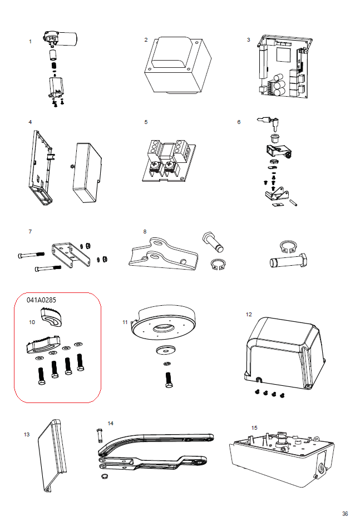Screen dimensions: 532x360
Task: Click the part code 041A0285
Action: (x=42, y=300)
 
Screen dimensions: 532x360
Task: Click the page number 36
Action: (x=345, y=514)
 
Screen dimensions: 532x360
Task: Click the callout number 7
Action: (x=31, y=231)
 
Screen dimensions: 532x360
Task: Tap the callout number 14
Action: (x=110, y=424)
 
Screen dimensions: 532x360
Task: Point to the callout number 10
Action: (x=32, y=322)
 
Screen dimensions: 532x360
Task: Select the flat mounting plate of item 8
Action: (x=161, y=255)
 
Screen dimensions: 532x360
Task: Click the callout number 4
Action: (x=30, y=122)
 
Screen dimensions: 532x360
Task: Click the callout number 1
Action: (x=30, y=42)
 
